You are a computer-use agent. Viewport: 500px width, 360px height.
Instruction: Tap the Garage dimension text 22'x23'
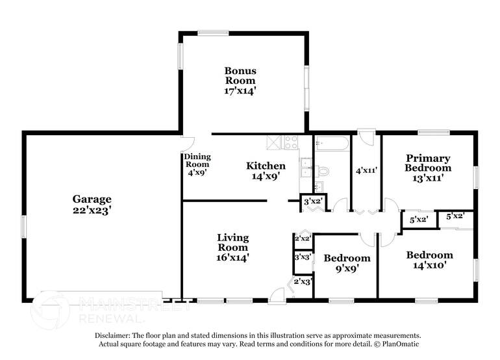click(92, 211)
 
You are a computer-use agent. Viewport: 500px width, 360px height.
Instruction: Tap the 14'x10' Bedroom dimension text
click(429, 265)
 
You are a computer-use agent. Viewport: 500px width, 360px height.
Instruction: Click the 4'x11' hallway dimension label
click(367, 170)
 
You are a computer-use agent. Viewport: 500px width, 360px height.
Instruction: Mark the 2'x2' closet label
click(303, 238)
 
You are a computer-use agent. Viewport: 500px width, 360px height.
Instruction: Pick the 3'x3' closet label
click(302, 257)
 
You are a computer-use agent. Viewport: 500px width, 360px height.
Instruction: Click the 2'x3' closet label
click(302, 281)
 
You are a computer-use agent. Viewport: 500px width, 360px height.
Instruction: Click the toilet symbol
click(321, 171)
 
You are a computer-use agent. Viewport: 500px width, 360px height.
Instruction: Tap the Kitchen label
click(266, 166)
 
